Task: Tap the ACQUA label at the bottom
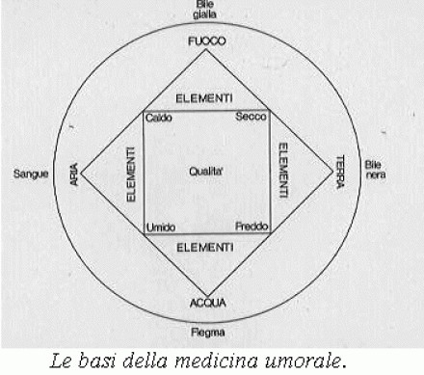tap(208, 304)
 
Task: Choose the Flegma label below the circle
tap(208, 333)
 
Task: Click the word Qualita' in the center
tap(208, 171)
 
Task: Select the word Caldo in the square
tap(159, 118)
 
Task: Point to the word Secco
tap(252, 118)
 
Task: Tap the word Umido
tap(161, 227)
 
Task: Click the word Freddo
tap(252, 227)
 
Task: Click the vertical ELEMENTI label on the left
tap(130, 174)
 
